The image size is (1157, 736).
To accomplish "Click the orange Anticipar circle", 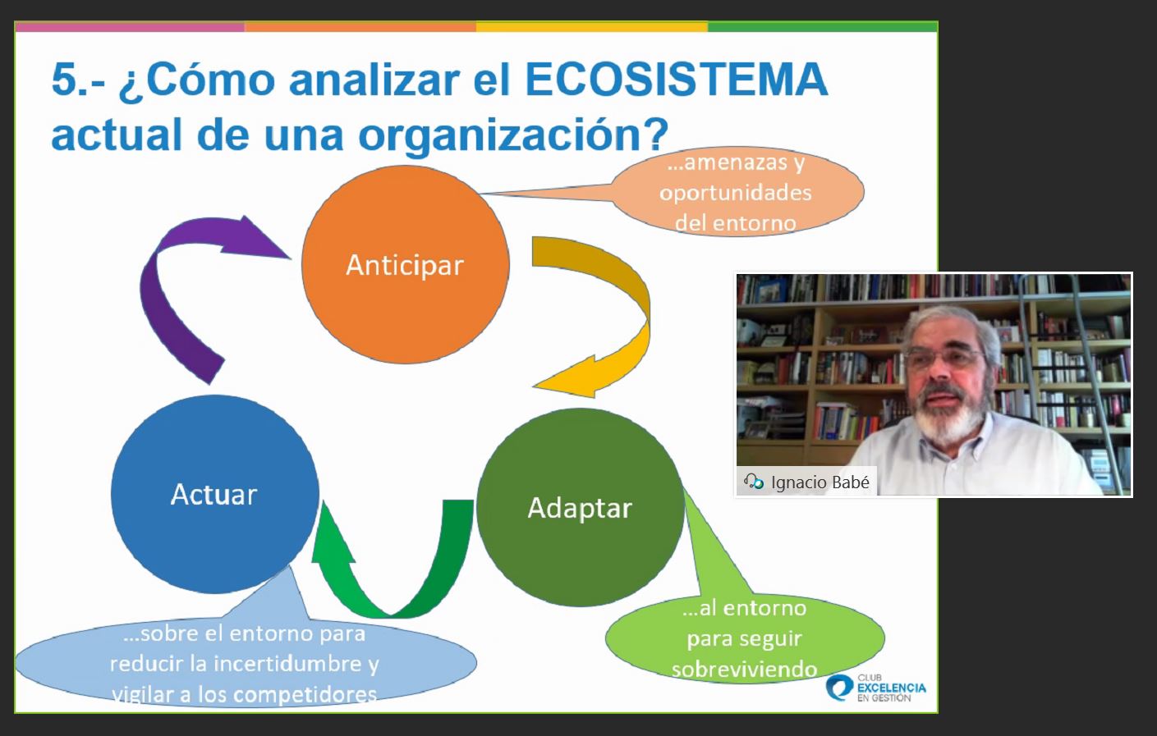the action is pos(406,265).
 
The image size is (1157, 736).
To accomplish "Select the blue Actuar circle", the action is pos(215,495).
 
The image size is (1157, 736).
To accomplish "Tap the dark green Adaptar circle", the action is pos(581,507).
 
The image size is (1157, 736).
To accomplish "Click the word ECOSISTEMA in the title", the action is pos(677,80).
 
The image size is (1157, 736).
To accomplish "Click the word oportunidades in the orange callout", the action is pos(736,193).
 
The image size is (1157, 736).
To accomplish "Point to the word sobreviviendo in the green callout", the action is pos(744,670).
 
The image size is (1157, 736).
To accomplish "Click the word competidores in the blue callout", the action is pos(305,695).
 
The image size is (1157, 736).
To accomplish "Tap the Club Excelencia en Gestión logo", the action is pos(876,688).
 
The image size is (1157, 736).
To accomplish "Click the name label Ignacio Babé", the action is pos(820,482).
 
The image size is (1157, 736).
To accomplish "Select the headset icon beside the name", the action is pos(754,482).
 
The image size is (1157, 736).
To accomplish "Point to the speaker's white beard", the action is pos(950,415).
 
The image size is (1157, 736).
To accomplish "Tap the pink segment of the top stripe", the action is pos(130,27).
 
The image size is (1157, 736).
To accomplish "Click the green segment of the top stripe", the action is pos(822,27).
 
